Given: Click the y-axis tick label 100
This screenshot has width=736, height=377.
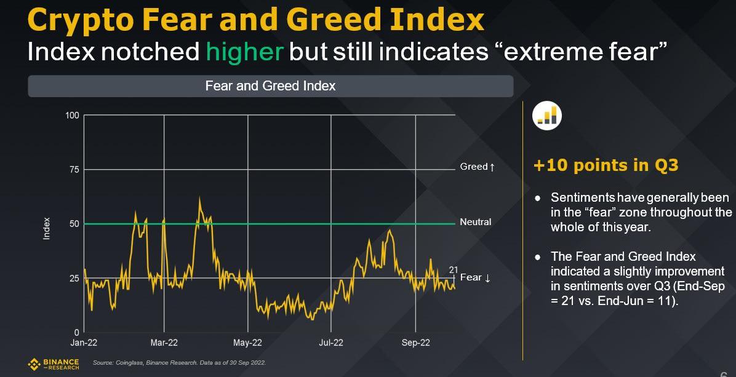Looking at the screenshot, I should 73,115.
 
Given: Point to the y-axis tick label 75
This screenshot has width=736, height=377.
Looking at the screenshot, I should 74,170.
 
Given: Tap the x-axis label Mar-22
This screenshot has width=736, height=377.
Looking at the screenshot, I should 164,343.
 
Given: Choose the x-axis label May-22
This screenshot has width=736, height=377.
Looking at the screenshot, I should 248,343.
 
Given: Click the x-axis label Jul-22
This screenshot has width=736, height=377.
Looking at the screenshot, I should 331,343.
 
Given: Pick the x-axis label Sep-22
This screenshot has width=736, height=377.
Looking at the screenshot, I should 416,343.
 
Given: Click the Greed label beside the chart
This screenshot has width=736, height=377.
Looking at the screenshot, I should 477,167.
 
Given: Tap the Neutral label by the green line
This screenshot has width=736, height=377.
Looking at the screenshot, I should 476,221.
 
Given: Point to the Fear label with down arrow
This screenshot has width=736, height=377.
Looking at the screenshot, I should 475,277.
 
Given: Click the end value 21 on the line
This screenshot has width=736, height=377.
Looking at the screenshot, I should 454,269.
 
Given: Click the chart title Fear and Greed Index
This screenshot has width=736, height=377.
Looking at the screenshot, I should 270,86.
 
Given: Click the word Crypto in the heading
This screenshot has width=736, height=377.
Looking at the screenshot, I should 80,20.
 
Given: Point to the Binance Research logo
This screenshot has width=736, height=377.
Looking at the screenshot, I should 54,364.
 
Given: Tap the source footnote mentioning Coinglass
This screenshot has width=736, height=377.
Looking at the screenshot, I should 179,363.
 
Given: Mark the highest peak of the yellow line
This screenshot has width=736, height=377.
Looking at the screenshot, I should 199,198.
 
